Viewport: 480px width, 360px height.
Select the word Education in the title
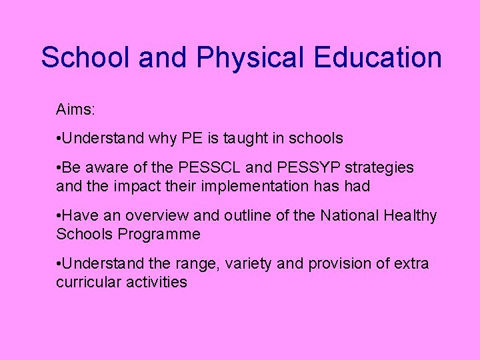(x=383, y=57)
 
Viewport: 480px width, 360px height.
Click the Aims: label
(x=76, y=109)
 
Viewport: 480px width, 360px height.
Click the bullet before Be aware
(x=59, y=167)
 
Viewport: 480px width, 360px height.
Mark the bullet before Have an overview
(x=59, y=215)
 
